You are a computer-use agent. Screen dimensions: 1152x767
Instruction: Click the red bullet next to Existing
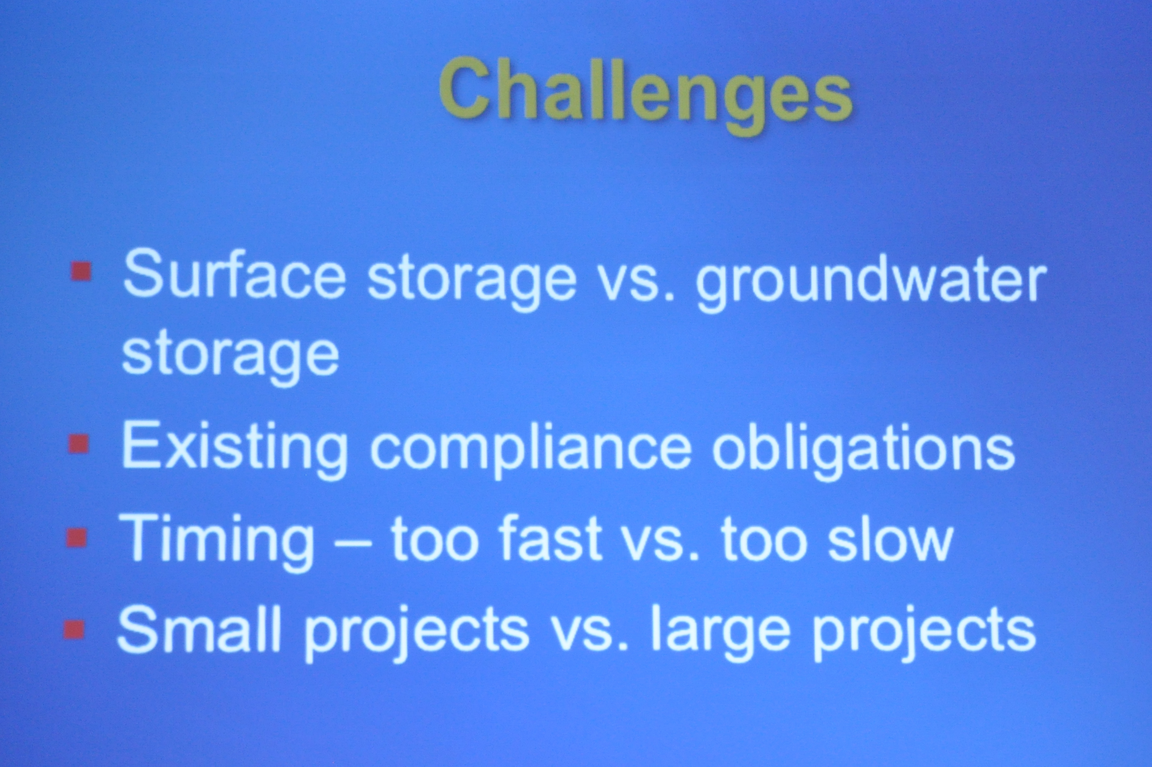79,444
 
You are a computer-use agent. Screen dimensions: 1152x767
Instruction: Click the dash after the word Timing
352,541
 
